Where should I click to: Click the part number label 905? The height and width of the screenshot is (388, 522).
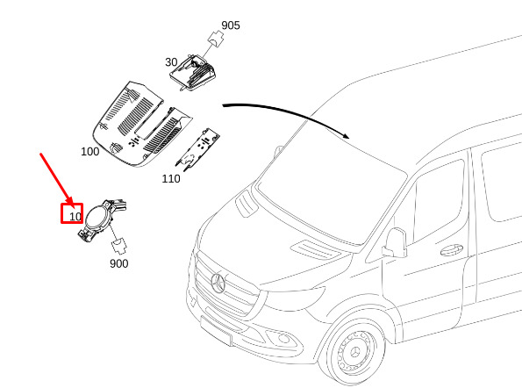tap(231, 25)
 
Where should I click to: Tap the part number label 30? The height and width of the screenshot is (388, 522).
tap(171, 62)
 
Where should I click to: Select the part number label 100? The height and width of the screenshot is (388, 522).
tap(89, 152)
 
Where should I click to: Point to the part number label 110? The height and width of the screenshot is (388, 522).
tap(171, 178)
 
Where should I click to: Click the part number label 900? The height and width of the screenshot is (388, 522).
tap(118, 263)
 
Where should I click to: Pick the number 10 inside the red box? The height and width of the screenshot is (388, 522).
tap(75, 217)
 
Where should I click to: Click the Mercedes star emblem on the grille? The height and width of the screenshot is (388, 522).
tap(218, 283)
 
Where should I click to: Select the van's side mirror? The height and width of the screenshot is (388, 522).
tap(396, 243)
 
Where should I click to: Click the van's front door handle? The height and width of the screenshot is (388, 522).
tap(452, 250)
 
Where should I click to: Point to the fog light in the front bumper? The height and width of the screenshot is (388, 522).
tap(284, 339)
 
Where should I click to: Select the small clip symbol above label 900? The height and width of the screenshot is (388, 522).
tap(118, 245)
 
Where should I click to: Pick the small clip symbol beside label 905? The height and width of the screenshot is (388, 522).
tap(216, 39)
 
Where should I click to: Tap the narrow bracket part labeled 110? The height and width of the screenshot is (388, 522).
tap(197, 150)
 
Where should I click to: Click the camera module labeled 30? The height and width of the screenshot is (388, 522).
tap(192, 72)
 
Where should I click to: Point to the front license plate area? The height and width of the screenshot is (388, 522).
tap(216, 331)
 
